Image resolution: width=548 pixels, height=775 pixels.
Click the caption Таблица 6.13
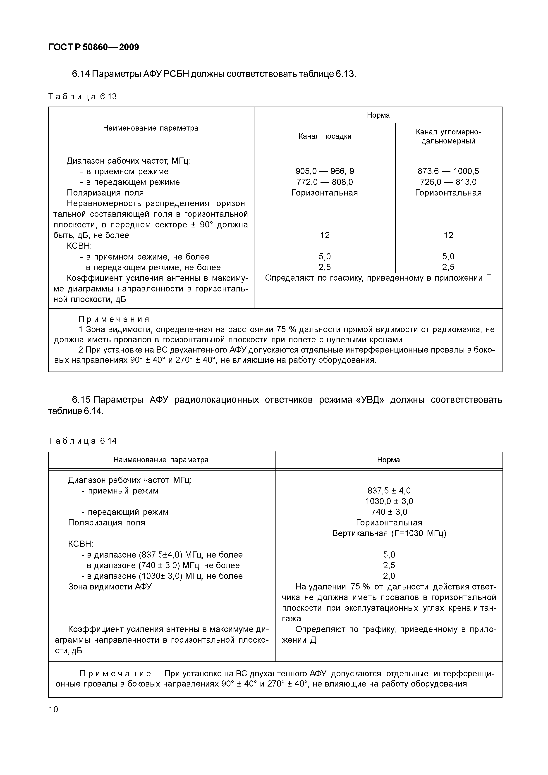pos(83,97)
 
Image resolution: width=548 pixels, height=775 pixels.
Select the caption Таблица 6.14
pos(83,441)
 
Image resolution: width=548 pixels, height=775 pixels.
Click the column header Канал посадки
pos(325,136)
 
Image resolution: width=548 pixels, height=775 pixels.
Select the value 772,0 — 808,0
pos(325,182)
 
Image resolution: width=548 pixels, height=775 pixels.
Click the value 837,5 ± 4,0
pos(389,491)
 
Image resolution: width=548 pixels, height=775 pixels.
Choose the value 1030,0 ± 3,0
pos(389,501)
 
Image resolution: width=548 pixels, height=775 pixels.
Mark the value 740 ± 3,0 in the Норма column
pos(389,512)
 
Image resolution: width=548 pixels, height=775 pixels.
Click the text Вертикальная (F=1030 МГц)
pos(389,533)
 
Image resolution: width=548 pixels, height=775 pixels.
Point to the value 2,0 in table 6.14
pos(389,576)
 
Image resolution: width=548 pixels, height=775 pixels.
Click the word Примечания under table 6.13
pos(114,319)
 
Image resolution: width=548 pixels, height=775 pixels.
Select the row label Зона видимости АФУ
pos(110,587)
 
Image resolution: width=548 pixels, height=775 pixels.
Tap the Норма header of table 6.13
pos(378,115)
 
